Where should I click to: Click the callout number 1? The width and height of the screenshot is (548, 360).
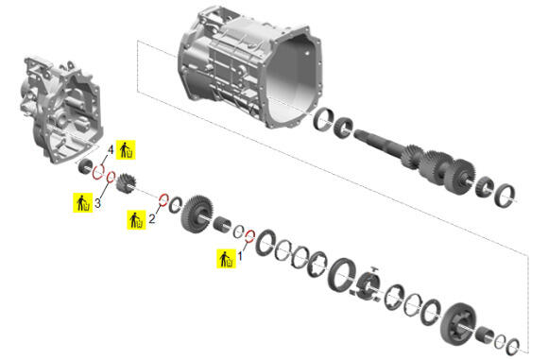pos(240,256)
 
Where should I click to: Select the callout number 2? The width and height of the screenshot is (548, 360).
pos(152,219)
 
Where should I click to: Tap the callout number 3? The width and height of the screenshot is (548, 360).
pos(97,203)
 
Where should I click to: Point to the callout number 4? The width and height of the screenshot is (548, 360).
pos(111,150)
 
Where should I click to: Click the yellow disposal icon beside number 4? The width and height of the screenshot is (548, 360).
pos(126,150)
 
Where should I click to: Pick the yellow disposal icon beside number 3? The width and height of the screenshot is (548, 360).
pos(83,202)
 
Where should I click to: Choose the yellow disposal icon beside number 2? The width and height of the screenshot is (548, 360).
pos(137,220)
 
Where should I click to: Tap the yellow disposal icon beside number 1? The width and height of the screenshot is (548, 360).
pos(226,259)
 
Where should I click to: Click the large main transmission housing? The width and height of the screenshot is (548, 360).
pos(249,66)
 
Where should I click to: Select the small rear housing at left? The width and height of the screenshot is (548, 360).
pos(61,109)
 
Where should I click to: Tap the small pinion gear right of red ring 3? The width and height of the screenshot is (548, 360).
pos(126,184)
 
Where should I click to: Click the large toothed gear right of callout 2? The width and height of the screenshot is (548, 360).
pos(197,214)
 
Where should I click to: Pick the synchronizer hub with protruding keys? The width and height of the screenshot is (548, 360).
pos(366,284)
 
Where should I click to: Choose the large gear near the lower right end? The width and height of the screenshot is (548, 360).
pos(459,324)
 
